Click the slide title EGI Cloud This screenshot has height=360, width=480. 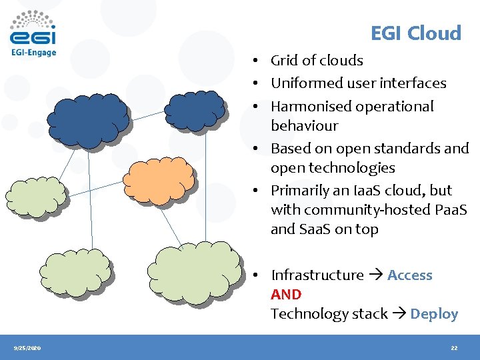pos(415,33)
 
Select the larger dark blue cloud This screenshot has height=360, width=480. pos(88,118)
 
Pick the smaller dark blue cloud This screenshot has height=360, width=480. pos(195,110)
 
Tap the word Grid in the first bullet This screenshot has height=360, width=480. pos(285,61)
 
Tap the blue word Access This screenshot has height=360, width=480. pos(409,275)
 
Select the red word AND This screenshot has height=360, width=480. pos(286,294)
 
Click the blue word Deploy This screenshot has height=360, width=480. pos(434,314)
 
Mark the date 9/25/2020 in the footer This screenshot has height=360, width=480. pos(27,348)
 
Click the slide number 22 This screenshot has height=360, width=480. pos(453,348)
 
